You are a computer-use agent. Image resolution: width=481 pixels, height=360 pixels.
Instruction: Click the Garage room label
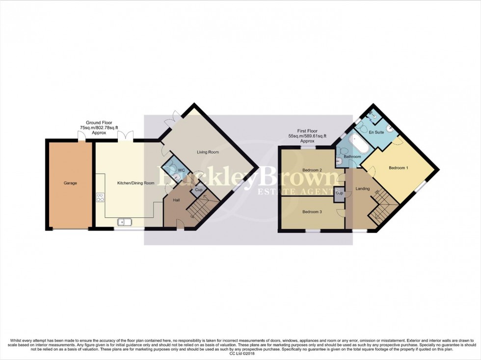pyautogui.click(x=70, y=183)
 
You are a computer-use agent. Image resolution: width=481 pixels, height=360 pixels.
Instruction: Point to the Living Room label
pyautogui.click(x=208, y=153)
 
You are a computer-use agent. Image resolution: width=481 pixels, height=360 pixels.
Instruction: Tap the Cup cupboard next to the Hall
pyautogui.click(x=199, y=190)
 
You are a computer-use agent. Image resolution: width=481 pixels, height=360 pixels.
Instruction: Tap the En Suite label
pyautogui.click(x=376, y=132)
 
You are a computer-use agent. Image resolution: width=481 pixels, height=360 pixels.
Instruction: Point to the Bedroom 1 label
pyautogui.click(x=398, y=168)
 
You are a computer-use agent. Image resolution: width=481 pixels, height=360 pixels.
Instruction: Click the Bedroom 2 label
pyautogui.click(x=312, y=170)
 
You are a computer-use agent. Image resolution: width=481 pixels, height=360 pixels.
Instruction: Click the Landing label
pyautogui.click(x=363, y=188)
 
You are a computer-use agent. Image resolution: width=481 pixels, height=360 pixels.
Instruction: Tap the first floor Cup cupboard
pyautogui.click(x=339, y=193)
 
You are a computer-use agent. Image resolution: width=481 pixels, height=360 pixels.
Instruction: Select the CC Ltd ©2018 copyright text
pyautogui.click(x=240, y=354)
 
